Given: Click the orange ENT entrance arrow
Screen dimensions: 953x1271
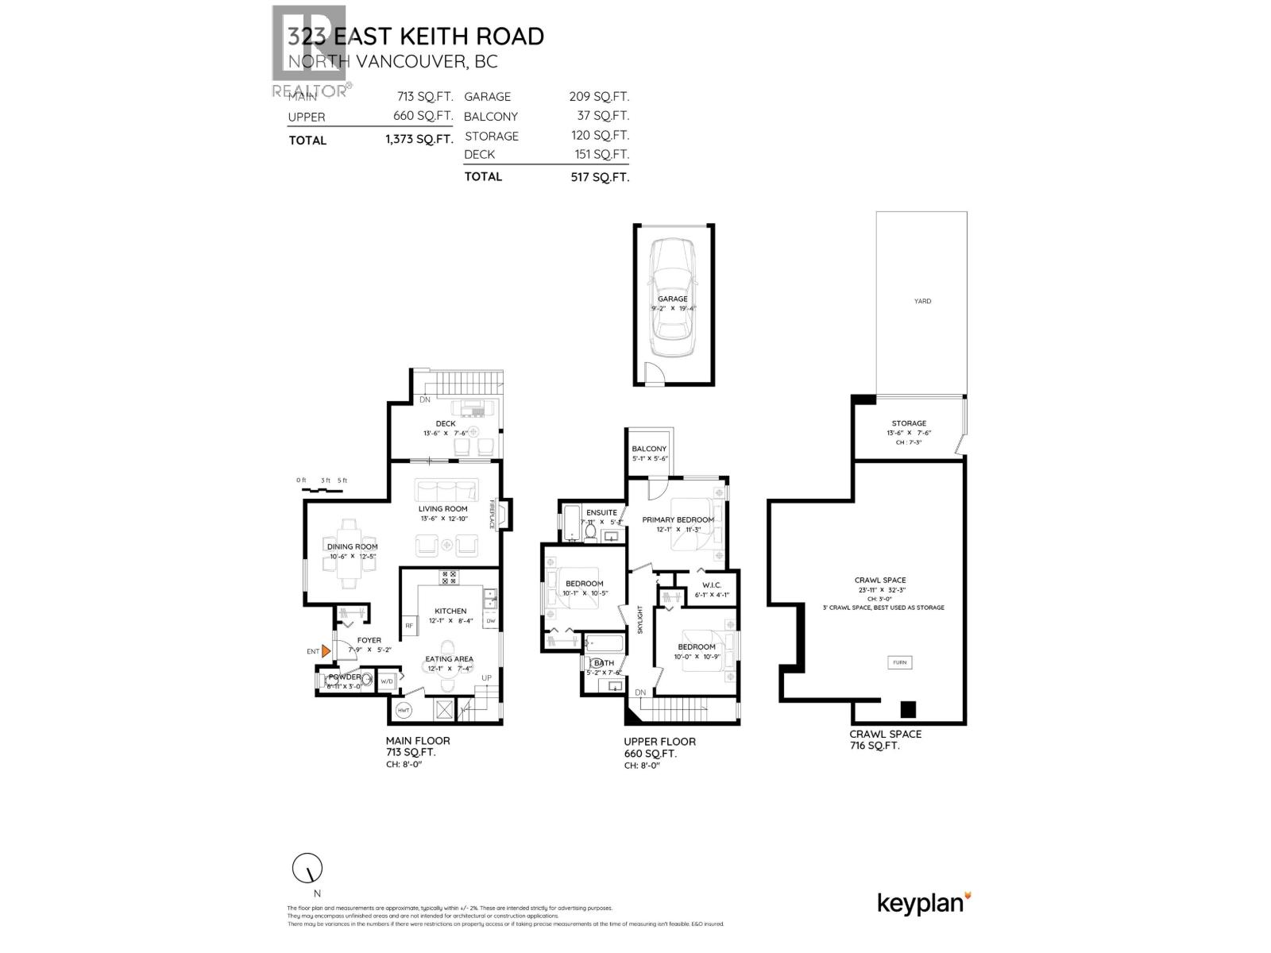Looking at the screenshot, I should (326, 650).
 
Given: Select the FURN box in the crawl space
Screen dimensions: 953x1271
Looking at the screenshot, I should (899, 662).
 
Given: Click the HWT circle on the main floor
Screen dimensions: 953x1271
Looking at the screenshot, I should (404, 709).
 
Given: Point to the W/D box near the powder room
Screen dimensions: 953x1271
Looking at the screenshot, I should (387, 681).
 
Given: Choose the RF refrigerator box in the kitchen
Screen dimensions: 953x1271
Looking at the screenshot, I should (410, 626).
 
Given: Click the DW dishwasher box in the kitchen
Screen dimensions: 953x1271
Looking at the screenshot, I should (490, 621).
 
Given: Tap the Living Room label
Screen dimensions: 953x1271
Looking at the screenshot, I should (443, 508).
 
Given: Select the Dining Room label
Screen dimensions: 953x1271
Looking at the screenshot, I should (352, 546).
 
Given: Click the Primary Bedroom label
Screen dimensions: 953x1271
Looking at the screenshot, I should (678, 519).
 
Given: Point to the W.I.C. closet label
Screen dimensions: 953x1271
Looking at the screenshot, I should (711, 585).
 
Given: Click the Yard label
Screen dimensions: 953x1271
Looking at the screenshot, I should (921, 301).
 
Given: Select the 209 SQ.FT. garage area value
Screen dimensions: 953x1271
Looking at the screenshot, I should (599, 97).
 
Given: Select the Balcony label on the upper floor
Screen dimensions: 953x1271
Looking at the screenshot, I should (650, 449).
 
